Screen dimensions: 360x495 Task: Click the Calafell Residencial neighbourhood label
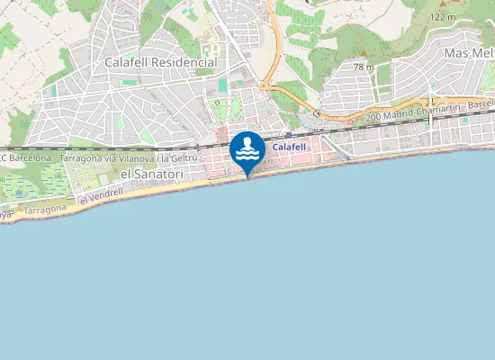coord(160,63)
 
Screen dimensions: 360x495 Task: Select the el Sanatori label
coord(150,174)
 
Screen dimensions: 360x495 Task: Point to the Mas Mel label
coord(469,54)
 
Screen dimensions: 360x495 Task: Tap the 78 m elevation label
coord(364,67)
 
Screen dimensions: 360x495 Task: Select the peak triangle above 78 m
coord(364,58)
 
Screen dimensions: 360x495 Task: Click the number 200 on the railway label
coord(374,118)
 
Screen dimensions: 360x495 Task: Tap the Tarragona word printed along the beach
coord(44,210)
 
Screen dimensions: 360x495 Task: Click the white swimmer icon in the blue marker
coord(247,148)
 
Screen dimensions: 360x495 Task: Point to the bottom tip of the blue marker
coord(247,176)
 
